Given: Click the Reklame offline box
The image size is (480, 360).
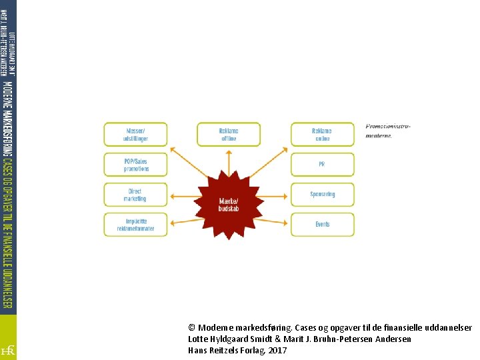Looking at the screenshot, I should [229, 135].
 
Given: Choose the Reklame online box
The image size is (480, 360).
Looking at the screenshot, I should [322, 135].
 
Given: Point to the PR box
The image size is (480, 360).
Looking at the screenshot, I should [322, 165].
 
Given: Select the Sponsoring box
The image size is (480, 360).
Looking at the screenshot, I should [322, 195].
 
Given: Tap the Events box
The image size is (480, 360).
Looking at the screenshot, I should [322, 225].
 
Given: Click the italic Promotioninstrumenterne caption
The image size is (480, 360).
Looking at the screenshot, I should [387, 130].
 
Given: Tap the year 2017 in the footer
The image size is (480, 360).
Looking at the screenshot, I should [277, 350].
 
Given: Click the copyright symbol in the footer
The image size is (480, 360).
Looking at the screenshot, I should [192, 328].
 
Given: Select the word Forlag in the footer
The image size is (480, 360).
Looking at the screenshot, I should [251, 350].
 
